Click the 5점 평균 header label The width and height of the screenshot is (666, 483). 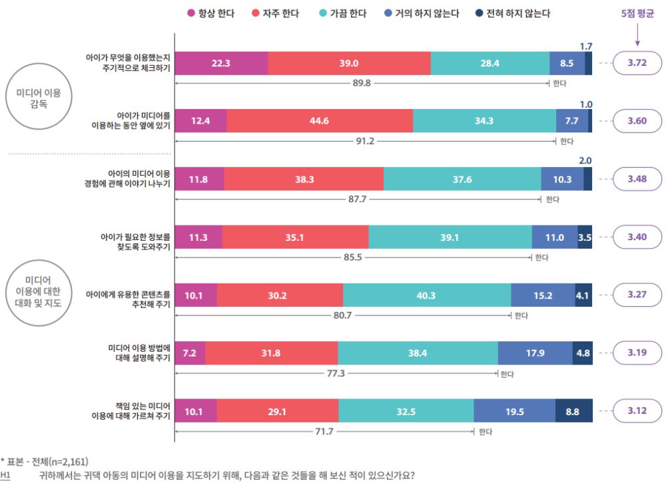637,13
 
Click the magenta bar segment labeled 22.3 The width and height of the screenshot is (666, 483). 221,63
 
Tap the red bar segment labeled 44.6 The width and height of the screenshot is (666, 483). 320,120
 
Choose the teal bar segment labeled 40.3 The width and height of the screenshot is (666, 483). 427,295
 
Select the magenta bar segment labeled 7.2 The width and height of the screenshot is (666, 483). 190,353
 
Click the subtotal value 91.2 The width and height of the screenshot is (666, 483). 365,141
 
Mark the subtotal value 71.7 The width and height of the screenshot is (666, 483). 324,432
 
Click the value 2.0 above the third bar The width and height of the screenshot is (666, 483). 585,160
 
